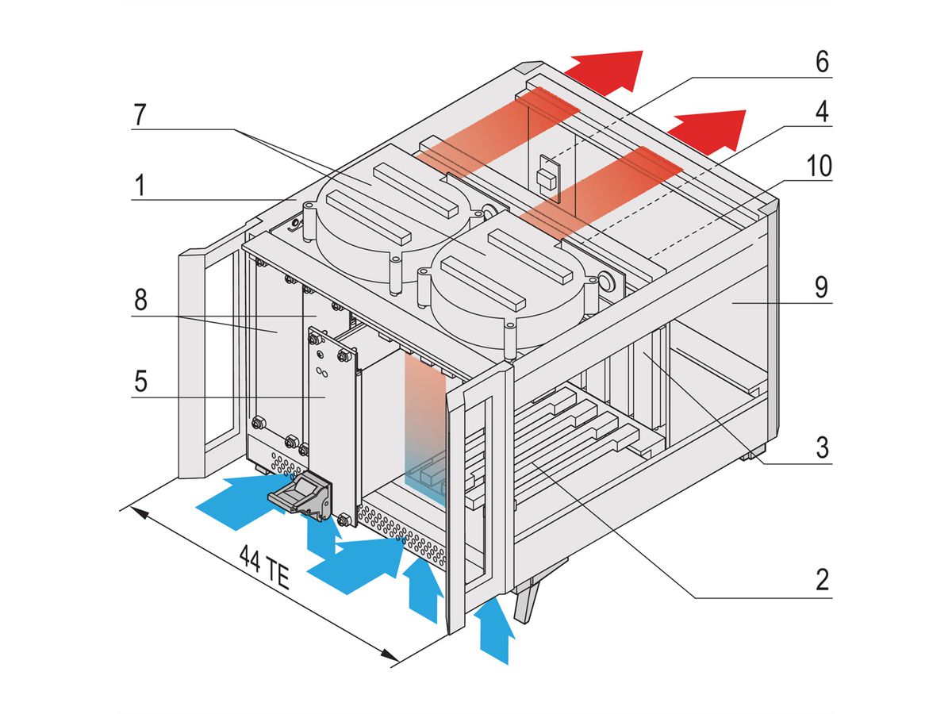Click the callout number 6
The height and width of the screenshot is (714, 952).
click(822, 62)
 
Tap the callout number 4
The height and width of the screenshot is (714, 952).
click(822, 111)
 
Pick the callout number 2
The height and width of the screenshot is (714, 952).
click(822, 580)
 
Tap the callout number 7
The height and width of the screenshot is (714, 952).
click(140, 113)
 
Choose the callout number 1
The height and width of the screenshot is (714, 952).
click(140, 187)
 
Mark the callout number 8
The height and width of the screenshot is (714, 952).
click(140, 301)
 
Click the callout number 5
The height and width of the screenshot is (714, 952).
click(140, 382)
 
